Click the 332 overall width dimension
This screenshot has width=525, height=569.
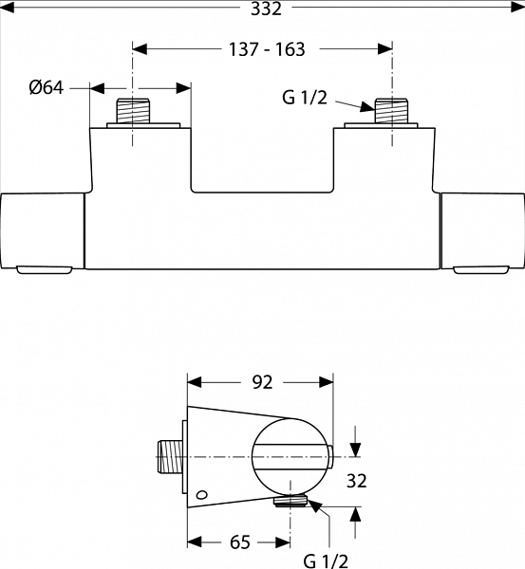tap(266, 9)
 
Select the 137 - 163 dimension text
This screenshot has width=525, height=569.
tap(267, 49)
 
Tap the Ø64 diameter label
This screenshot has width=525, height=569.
tap(47, 88)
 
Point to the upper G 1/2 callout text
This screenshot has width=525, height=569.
tap(305, 98)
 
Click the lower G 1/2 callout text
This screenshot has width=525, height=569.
tap(326, 561)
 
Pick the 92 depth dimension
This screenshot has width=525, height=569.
tap(262, 382)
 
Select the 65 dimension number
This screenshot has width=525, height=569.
tap(240, 542)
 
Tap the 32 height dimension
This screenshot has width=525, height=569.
tap(357, 481)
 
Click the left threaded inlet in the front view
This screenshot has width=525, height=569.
tap(133, 111)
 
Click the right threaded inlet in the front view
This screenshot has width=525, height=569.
tap(392, 111)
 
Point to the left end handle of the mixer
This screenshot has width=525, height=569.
tap(42, 231)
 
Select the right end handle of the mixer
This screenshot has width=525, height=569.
tap(483, 231)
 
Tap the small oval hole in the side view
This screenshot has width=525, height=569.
tap(201, 495)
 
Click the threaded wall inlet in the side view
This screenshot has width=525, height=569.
tap(170, 456)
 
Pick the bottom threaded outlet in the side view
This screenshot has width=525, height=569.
tap(291, 502)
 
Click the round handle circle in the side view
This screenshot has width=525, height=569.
tap(290, 457)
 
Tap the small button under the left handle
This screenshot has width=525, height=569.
tap(45, 270)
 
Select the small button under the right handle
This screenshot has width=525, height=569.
tap(480, 270)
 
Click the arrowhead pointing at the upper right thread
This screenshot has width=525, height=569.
tap(367, 107)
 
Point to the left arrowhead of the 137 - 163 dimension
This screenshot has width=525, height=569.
tap(140, 49)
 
